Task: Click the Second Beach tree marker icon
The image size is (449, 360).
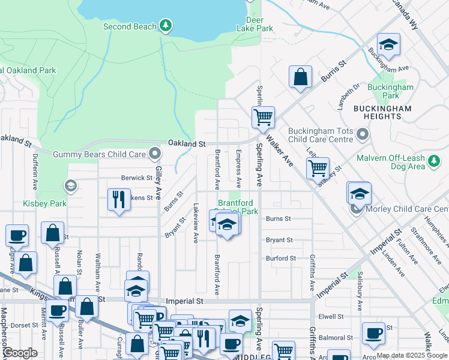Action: [166, 26]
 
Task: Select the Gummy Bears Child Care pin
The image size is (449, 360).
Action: [155, 154]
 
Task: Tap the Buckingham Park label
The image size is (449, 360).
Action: [391, 91]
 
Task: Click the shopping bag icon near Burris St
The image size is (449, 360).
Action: [300, 77]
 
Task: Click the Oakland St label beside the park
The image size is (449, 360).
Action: [187, 144]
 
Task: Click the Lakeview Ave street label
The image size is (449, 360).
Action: [196, 222]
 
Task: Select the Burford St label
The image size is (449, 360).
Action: [281, 258]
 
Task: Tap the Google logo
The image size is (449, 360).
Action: [20, 352]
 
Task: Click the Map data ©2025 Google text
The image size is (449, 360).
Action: [412, 355]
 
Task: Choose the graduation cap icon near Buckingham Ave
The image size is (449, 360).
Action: [388, 44]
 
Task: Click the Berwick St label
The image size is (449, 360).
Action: [137, 178]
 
